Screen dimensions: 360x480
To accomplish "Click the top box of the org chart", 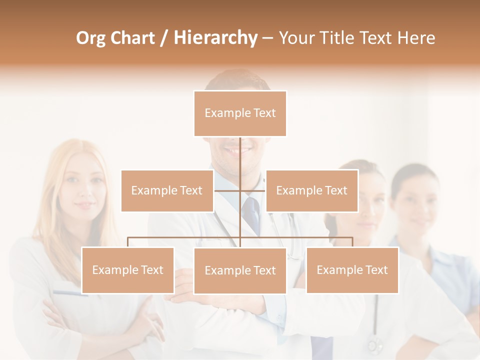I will point(240,113).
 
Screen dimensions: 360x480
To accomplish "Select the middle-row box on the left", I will point(167,190).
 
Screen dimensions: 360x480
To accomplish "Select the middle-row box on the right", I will point(311,190).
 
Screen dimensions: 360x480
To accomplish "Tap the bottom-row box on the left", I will point(127,270).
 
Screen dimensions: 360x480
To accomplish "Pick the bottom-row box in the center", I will point(240,270).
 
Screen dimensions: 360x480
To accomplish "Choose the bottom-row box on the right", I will point(352,270).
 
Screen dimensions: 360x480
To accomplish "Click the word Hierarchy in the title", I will point(215,38).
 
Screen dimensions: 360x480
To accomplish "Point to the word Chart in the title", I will point(132,38).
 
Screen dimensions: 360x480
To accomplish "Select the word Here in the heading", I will point(416,38).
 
